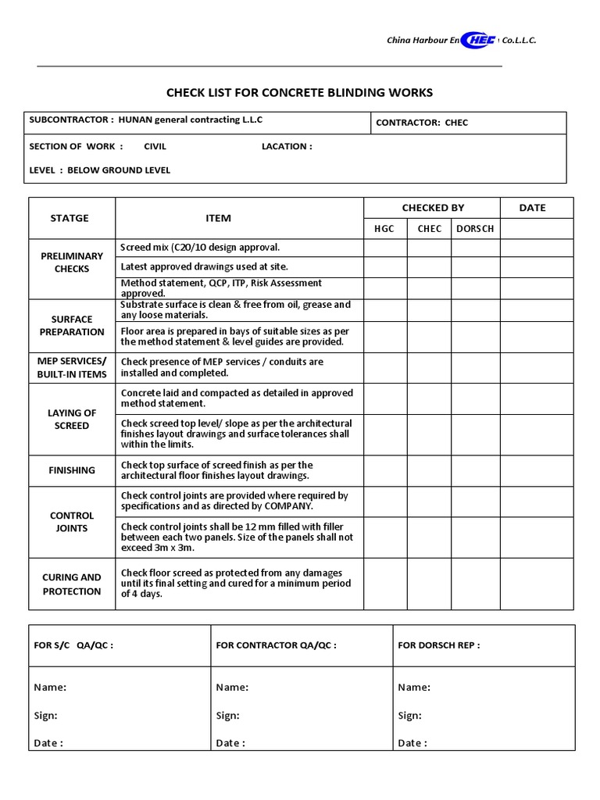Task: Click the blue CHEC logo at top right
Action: coord(478,40)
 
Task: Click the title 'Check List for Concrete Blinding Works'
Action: coord(299,93)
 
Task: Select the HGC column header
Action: coord(385,229)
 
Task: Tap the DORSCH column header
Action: coord(475,229)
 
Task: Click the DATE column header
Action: coord(532,208)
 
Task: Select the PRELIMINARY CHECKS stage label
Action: coord(72,262)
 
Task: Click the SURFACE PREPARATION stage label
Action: coord(72,326)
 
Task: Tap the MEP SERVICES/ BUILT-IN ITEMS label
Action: coord(72,368)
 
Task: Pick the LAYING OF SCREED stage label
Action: coord(72,420)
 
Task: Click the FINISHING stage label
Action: coord(72,470)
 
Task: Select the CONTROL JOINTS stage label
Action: coord(72,522)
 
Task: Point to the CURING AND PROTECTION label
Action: coord(72,584)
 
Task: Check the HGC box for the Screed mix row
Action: coord(385,248)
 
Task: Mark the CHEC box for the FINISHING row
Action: coord(429,470)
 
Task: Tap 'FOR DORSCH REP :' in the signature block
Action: coord(439,645)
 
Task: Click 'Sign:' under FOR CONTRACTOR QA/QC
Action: coord(227,716)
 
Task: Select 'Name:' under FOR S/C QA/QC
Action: coord(50,687)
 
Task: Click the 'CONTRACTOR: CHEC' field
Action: coord(422,123)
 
